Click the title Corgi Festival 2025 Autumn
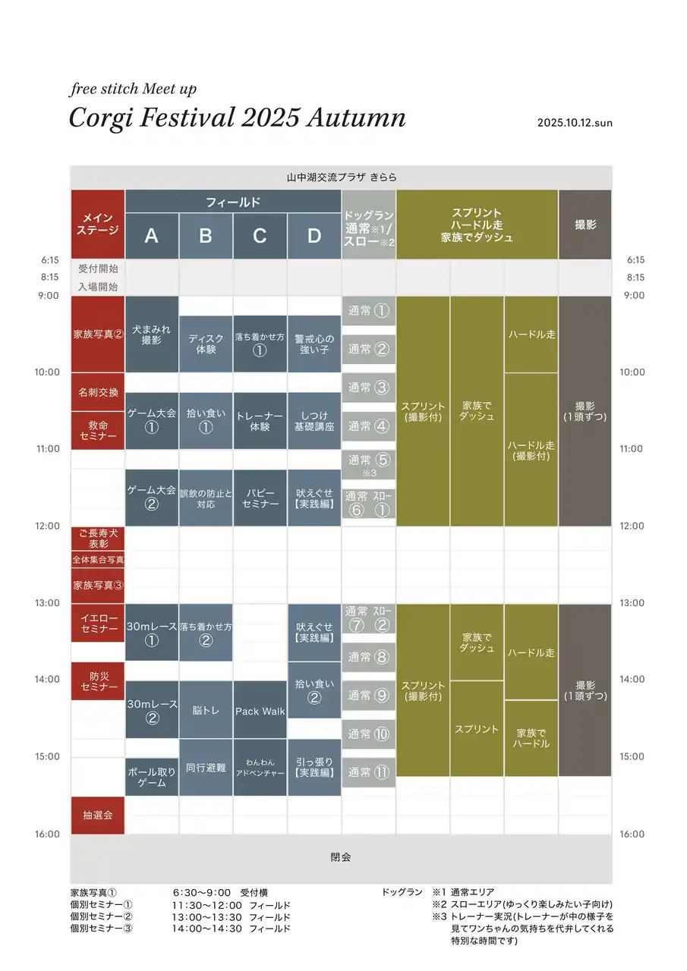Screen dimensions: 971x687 (237, 118)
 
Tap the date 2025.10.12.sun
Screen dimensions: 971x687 (574, 123)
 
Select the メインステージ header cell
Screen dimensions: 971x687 (97, 224)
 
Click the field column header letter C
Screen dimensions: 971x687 (260, 236)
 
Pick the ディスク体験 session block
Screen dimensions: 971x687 (206, 344)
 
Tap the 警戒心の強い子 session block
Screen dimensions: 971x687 (314, 344)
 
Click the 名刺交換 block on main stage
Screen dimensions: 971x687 (97, 392)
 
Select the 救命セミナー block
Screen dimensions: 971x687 (97, 430)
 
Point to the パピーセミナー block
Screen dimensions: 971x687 (260, 498)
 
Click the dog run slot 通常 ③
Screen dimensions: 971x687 (368, 388)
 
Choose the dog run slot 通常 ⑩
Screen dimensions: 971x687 (368, 734)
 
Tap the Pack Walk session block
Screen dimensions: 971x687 (260, 711)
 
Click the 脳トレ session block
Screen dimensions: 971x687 (206, 711)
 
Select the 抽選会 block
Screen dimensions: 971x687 (97, 815)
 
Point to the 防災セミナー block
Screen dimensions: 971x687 (97, 680)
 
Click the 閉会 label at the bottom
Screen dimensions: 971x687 (341, 857)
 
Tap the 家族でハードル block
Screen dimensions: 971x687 (531, 738)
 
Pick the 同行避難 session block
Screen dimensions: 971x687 (206, 767)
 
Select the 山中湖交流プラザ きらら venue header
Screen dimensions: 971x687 (341, 178)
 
